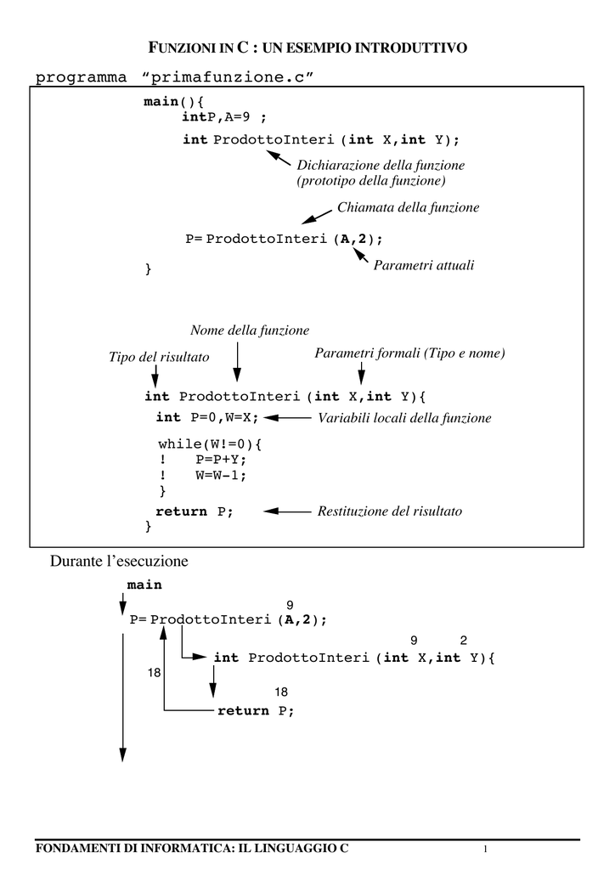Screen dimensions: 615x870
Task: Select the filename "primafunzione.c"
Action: [x=228, y=77]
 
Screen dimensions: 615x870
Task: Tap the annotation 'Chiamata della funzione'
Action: [x=408, y=207]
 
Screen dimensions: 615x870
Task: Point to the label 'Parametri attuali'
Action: [x=424, y=265]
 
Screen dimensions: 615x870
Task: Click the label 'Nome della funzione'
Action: [x=250, y=330]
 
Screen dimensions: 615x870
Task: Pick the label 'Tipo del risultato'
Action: [x=159, y=357]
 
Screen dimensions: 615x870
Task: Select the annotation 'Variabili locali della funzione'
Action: [x=404, y=418]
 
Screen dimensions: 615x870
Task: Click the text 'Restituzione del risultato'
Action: [x=390, y=511]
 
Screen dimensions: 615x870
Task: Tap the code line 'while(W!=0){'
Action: [x=210, y=443]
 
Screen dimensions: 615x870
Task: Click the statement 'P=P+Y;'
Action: [x=221, y=460]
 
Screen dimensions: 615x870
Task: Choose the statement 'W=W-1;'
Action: [x=221, y=475]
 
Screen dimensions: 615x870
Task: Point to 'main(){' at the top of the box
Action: [x=174, y=102]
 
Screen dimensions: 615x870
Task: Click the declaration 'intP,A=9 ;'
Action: [x=224, y=116]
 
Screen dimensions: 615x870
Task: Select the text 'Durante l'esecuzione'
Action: [x=119, y=561]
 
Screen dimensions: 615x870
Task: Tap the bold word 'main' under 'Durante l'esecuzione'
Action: [x=144, y=585]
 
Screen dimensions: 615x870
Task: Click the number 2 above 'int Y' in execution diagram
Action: [x=464, y=641]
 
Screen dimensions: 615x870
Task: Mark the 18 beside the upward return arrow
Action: [x=154, y=673]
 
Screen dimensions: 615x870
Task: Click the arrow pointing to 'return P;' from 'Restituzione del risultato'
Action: [x=287, y=511]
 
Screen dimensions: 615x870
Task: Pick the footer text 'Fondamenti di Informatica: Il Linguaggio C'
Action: [x=192, y=848]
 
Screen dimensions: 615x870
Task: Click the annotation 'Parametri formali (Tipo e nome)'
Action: [x=409, y=353]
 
